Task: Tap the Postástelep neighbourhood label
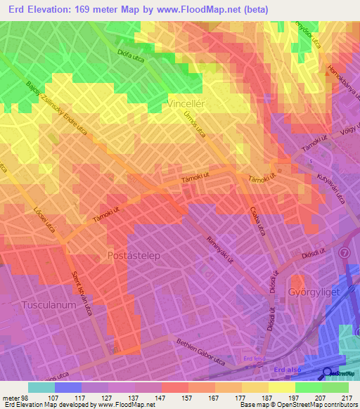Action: [x=133, y=255]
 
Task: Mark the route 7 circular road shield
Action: [x=344, y=252]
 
